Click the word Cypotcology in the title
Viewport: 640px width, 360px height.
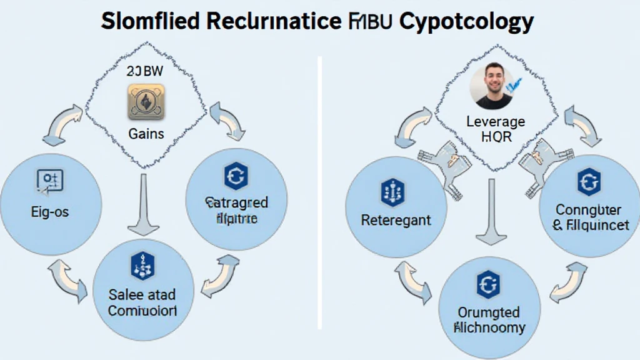click(466, 21)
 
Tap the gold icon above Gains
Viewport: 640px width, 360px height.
click(146, 102)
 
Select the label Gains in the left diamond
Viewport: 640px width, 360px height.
click(146, 133)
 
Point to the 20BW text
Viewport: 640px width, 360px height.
click(144, 72)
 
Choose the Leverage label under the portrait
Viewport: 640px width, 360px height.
click(496, 121)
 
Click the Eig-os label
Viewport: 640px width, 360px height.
click(49, 212)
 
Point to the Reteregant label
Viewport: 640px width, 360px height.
click(396, 220)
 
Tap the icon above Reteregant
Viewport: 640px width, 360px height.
click(393, 192)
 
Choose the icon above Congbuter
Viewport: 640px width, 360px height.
click(588, 182)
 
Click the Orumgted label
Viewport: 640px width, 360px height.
click(489, 311)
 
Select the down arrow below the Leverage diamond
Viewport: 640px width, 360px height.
click(491, 212)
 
